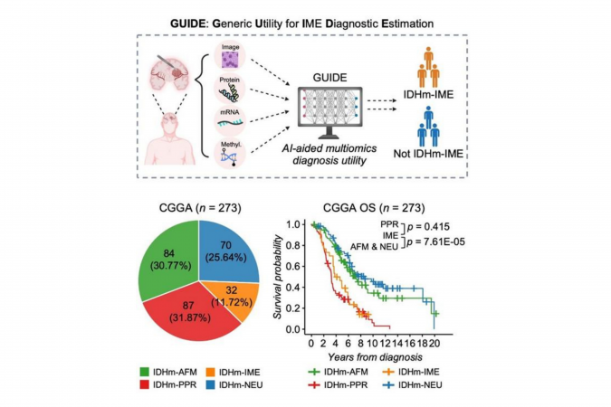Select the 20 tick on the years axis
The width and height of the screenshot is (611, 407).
click(x=435, y=345)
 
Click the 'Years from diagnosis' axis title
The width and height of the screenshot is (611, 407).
click(x=373, y=357)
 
